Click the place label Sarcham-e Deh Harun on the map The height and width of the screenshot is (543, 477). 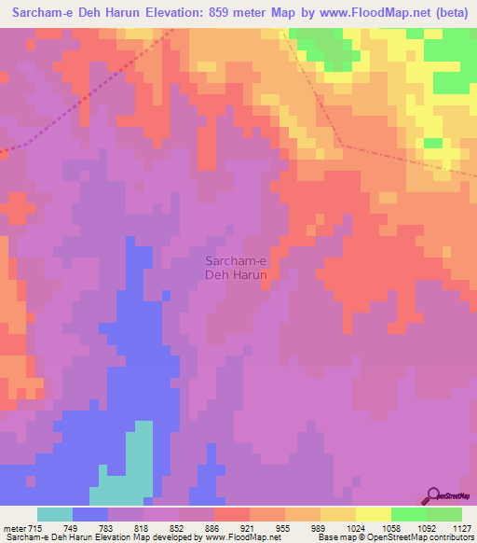point(236,269)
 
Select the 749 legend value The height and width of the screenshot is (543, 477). point(90,528)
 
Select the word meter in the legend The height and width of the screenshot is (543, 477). point(14,528)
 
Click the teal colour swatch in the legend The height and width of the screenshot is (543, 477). point(55,514)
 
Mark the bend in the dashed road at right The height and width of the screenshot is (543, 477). point(339,145)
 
